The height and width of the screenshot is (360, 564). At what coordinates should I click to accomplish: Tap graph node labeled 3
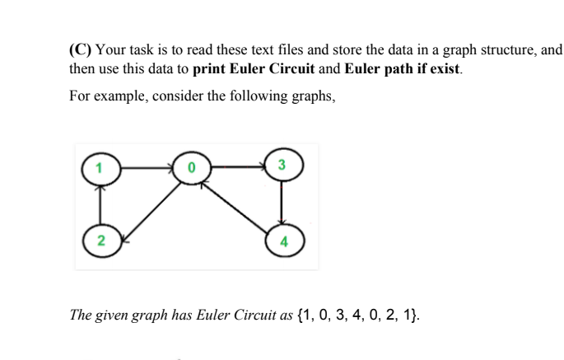tap(282, 165)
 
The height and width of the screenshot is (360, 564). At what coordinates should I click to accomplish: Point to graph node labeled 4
tap(282, 242)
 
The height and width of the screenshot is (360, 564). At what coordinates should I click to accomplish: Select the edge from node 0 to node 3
tap(237, 166)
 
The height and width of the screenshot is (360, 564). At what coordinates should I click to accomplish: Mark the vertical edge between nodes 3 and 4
tap(282, 203)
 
